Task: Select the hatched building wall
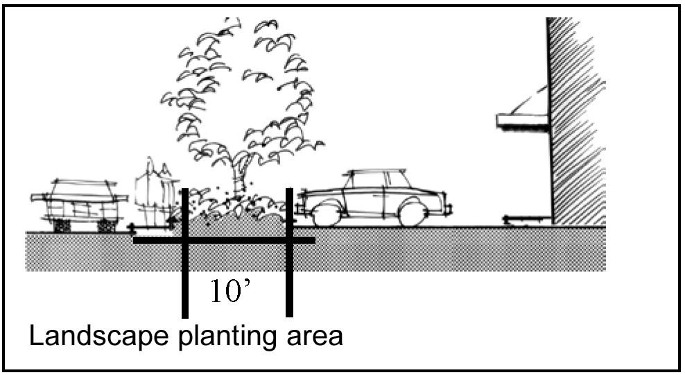(x=575, y=118)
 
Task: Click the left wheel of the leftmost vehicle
(x=62, y=225)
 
